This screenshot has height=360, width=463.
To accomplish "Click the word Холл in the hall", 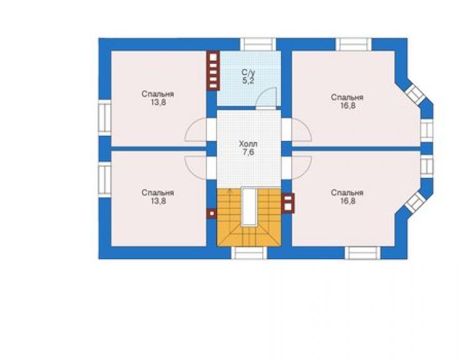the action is tap(248, 144).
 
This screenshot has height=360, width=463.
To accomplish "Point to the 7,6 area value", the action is tap(248, 153).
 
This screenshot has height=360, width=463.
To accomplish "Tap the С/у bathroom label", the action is tap(248, 73).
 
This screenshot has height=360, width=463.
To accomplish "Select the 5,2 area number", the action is tap(248, 81).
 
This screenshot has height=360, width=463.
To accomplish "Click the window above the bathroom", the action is tap(258, 44).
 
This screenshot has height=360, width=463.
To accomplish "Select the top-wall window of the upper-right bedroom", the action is tap(354, 44).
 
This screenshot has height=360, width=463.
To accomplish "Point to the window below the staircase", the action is tap(249, 253).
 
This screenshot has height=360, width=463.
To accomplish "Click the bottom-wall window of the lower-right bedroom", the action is tap(363, 253).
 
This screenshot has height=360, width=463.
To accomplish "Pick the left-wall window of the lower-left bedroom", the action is tap(104, 180).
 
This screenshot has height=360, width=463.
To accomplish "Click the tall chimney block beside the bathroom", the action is tap(213, 71).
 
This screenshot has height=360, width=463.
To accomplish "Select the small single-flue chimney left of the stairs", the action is tap(211, 213).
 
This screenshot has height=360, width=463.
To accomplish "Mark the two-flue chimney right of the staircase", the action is tap(288, 203).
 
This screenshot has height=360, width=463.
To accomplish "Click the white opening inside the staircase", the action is tap(248, 207).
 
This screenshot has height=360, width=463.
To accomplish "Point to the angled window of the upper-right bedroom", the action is tap(415, 94).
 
